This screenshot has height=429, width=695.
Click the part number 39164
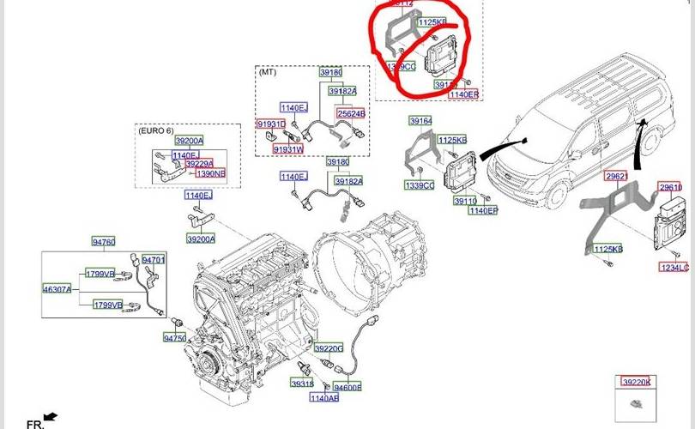click(x=420, y=121)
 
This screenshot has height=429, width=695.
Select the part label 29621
click(x=616, y=175)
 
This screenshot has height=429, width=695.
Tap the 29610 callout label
click(x=670, y=187)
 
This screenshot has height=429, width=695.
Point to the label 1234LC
click(x=673, y=268)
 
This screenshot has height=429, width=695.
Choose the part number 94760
click(x=103, y=242)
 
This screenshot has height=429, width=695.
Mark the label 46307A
click(x=57, y=289)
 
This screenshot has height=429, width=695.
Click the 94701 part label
click(x=154, y=259)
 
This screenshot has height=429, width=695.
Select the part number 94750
click(x=175, y=339)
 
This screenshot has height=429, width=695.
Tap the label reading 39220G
click(x=328, y=348)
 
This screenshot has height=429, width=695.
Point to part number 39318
click(x=302, y=384)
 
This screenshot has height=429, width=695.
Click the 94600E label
click(x=347, y=387)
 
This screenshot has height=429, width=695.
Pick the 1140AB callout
click(x=323, y=398)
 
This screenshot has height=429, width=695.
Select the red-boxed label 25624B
click(x=351, y=113)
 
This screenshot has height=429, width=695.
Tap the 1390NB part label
click(x=210, y=173)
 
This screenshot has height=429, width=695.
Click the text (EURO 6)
click(x=155, y=129)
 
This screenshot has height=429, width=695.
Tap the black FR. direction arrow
click(x=50, y=416)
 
